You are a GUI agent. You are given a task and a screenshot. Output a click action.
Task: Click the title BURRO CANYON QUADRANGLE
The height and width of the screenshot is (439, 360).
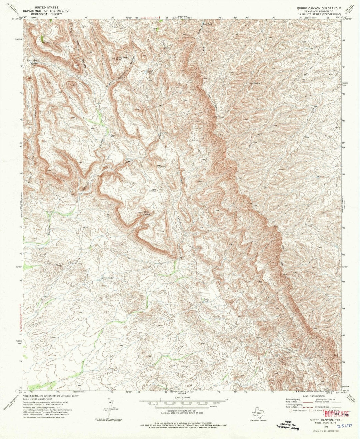pyautogui.click(x=315, y=7)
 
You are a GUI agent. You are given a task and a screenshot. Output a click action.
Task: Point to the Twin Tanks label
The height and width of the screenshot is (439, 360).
pyautogui.click(x=107, y=277)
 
